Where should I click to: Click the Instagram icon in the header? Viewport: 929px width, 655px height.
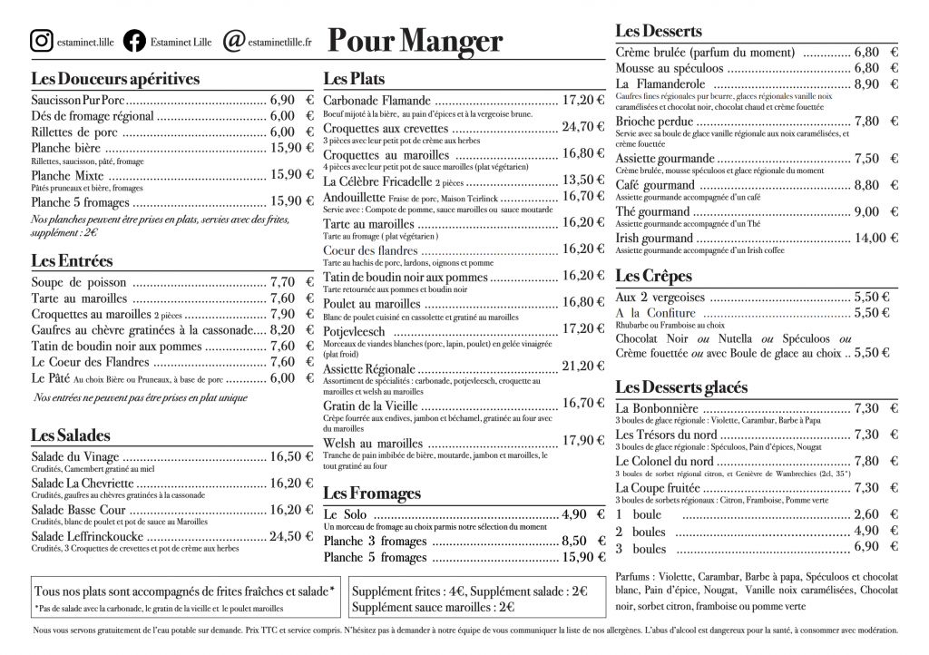pyautogui.click(x=41, y=41)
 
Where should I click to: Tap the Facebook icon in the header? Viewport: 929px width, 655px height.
pyautogui.click(x=133, y=41)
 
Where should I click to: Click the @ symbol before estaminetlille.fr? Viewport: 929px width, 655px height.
pyautogui.click(x=233, y=41)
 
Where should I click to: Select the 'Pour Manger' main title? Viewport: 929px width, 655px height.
pyautogui.click(x=415, y=41)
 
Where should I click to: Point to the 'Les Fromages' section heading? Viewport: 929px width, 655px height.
pyautogui.click(x=372, y=494)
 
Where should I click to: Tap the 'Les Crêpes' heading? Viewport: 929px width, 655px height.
pyautogui.click(x=653, y=276)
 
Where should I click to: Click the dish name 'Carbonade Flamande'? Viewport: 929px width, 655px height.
pyautogui.click(x=376, y=101)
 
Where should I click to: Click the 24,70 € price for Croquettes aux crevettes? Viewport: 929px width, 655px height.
pyautogui.click(x=582, y=126)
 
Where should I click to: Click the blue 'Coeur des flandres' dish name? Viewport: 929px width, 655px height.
pyautogui.click(x=370, y=250)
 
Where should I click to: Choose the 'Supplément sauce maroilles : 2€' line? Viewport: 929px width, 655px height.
pyautogui.click(x=434, y=607)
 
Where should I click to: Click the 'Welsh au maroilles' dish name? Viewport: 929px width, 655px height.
pyautogui.click(x=373, y=443)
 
